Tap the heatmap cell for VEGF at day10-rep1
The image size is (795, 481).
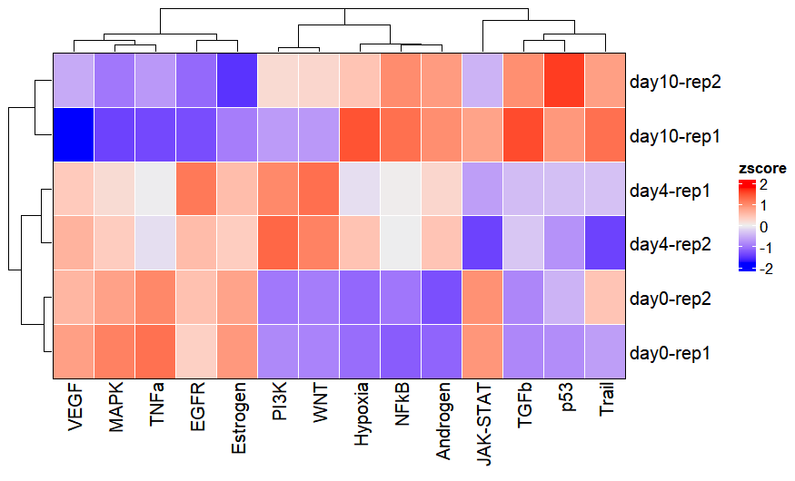pyautogui.click(x=74, y=136)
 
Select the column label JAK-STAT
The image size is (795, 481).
pyautogui.click(x=483, y=422)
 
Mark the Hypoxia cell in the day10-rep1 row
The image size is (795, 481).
pyautogui.click(x=360, y=136)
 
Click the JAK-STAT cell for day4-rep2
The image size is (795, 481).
pyautogui.click(x=482, y=243)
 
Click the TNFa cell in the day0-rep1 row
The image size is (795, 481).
pyautogui.click(x=155, y=350)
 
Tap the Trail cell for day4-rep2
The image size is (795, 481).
pyautogui.click(x=605, y=243)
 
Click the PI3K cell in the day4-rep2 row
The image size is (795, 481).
pyautogui.click(x=278, y=243)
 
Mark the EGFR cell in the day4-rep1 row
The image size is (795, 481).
pyautogui.click(x=196, y=190)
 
